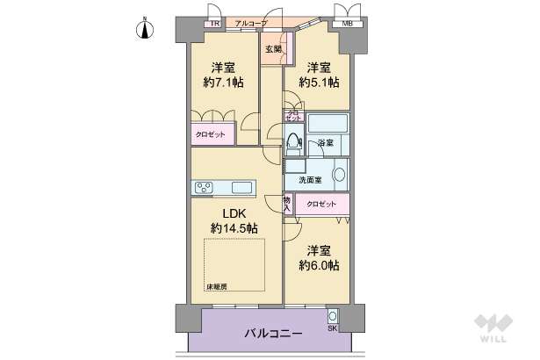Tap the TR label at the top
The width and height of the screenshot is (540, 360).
click(x=213, y=23)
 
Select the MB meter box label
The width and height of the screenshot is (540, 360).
click(x=347, y=23)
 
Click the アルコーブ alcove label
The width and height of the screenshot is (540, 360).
click(x=250, y=23)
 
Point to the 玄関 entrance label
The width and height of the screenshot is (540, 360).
click(x=272, y=49)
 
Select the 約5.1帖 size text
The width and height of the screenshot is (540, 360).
click(x=319, y=83)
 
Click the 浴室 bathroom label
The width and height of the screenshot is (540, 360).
click(x=326, y=142)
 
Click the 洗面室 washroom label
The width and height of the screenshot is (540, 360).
click(x=309, y=179)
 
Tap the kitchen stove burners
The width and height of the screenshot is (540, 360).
click(x=205, y=187)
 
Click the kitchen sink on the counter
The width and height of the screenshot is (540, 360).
click(x=241, y=187)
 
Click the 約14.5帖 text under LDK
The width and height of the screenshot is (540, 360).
click(x=234, y=227)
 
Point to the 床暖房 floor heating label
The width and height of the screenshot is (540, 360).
click(x=217, y=287)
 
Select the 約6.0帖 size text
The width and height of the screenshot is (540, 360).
click(x=319, y=265)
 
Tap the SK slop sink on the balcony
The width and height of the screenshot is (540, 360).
click(x=333, y=317)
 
